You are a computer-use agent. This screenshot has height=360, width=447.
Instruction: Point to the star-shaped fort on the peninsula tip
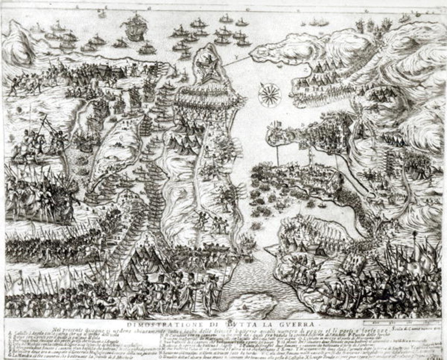(206, 66)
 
